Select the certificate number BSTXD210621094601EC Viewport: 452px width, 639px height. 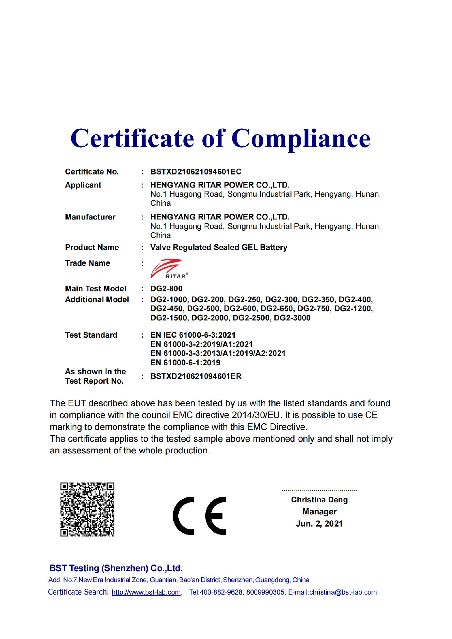pos(196,172)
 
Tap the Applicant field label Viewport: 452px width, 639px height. pos(83,185)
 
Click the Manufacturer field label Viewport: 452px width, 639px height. pos(90,217)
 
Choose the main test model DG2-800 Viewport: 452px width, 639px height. pos(166,289)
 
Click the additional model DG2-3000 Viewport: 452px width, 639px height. pos(292,318)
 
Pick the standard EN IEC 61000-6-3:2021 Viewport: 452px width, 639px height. pos(193,335)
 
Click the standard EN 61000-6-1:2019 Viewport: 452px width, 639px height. pos(185,363)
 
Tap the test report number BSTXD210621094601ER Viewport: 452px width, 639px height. pos(196,376)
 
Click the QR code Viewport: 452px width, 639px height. pos(87,509)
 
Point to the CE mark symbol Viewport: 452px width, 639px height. pos(200,516)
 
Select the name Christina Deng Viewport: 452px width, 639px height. pos(319,500)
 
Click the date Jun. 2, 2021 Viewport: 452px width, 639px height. pos(319,524)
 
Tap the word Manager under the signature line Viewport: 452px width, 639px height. pos(319,512)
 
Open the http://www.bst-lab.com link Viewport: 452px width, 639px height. pos(146,592)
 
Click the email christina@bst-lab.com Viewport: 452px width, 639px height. pos(343,592)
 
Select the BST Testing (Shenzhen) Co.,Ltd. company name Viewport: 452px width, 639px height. pos(116,568)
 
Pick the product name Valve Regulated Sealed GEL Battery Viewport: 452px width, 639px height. pos(219,247)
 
